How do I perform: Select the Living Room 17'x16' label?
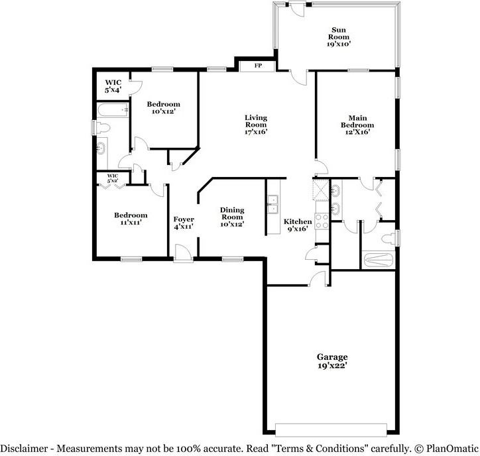click(x=255, y=124)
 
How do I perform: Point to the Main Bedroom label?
click(x=357, y=124)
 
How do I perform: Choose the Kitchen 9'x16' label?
click(x=297, y=225)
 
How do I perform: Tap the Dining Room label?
click(x=232, y=217)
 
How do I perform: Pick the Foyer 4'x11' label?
click(x=184, y=222)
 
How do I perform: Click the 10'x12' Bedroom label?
click(x=163, y=108)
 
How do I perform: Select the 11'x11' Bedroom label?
click(x=130, y=219)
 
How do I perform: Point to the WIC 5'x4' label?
click(x=113, y=85)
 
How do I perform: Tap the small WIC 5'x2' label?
click(x=107, y=178)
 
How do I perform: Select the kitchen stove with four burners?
click(x=322, y=220)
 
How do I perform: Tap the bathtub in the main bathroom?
click(x=379, y=259)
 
